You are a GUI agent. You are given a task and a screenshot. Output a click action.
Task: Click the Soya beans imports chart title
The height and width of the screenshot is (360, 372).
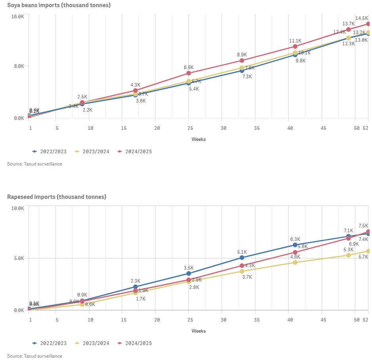tap(59, 5)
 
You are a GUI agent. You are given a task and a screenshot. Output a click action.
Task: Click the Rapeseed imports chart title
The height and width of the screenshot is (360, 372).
tap(57, 197)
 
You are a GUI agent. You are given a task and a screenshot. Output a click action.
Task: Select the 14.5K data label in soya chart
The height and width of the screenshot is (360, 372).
tap(362, 18)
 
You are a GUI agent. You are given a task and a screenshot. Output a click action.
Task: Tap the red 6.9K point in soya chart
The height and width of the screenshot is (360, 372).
tap(189, 73)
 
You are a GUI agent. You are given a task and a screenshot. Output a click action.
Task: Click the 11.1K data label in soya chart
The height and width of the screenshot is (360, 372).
tap(295, 41)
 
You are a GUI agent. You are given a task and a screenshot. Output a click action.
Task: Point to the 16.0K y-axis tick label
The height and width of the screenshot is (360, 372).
tap(18, 17)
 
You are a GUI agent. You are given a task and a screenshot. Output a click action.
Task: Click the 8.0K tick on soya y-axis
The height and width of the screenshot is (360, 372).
tap(19, 66)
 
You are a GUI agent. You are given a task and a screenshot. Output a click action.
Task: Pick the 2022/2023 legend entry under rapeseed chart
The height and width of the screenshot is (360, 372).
tap(53, 343)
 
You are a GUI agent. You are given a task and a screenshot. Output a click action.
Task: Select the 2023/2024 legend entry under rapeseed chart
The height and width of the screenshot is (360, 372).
tap(96, 343)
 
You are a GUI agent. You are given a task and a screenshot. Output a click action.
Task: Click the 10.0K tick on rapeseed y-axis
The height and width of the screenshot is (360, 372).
tap(18, 208)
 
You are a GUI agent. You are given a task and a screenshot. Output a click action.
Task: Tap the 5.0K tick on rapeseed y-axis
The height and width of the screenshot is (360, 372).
tap(19, 258)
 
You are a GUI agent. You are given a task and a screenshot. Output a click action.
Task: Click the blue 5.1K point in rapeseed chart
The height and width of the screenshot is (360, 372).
tap(242, 258)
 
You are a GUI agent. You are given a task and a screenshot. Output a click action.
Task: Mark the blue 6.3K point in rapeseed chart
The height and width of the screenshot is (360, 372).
tap(295, 245)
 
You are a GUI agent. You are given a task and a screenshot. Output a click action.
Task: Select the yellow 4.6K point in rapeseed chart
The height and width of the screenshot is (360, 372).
tap(295, 262)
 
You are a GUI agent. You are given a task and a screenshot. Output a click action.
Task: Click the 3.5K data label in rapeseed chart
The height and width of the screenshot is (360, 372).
tap(189, 268)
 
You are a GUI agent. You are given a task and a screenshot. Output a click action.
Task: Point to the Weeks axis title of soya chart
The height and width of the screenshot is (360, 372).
tap(198, 139)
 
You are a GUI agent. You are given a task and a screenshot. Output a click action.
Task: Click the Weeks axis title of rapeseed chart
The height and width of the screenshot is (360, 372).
tap(198, 331)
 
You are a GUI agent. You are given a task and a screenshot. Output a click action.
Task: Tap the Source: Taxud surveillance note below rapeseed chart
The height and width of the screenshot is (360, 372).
tap(35, 356)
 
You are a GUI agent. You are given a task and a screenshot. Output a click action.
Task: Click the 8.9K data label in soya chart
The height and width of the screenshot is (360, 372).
tap(242, 55)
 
